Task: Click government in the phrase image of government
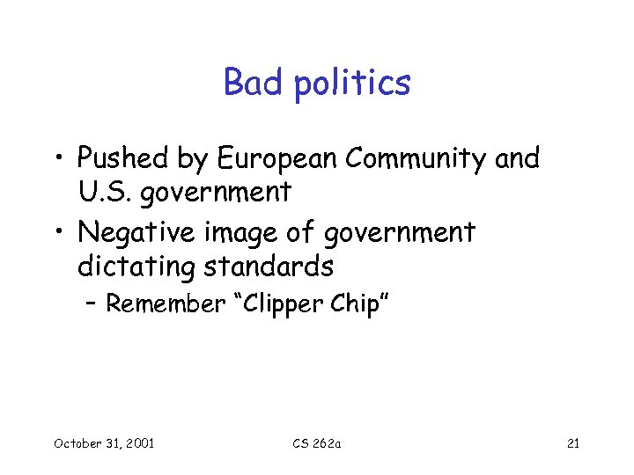coord(399,234)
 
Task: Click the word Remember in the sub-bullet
coord(166,304)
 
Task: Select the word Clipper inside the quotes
coord(284,305)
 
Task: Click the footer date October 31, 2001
coord(104,442)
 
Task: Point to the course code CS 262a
coord(317,442)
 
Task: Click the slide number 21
coord(572,442)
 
